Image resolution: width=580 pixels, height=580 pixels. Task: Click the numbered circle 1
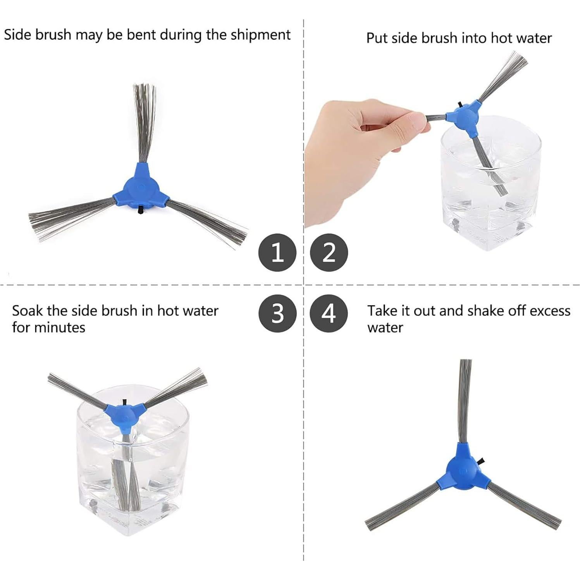point(277,253)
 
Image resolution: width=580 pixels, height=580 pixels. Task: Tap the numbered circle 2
point(329,253)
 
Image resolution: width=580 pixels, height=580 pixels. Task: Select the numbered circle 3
point(277,313)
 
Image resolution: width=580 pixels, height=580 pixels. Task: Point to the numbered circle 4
point(329,313)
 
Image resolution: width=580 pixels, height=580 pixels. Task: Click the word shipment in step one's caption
point(260,35)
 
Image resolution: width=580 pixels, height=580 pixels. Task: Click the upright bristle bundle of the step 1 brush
point(144,120)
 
